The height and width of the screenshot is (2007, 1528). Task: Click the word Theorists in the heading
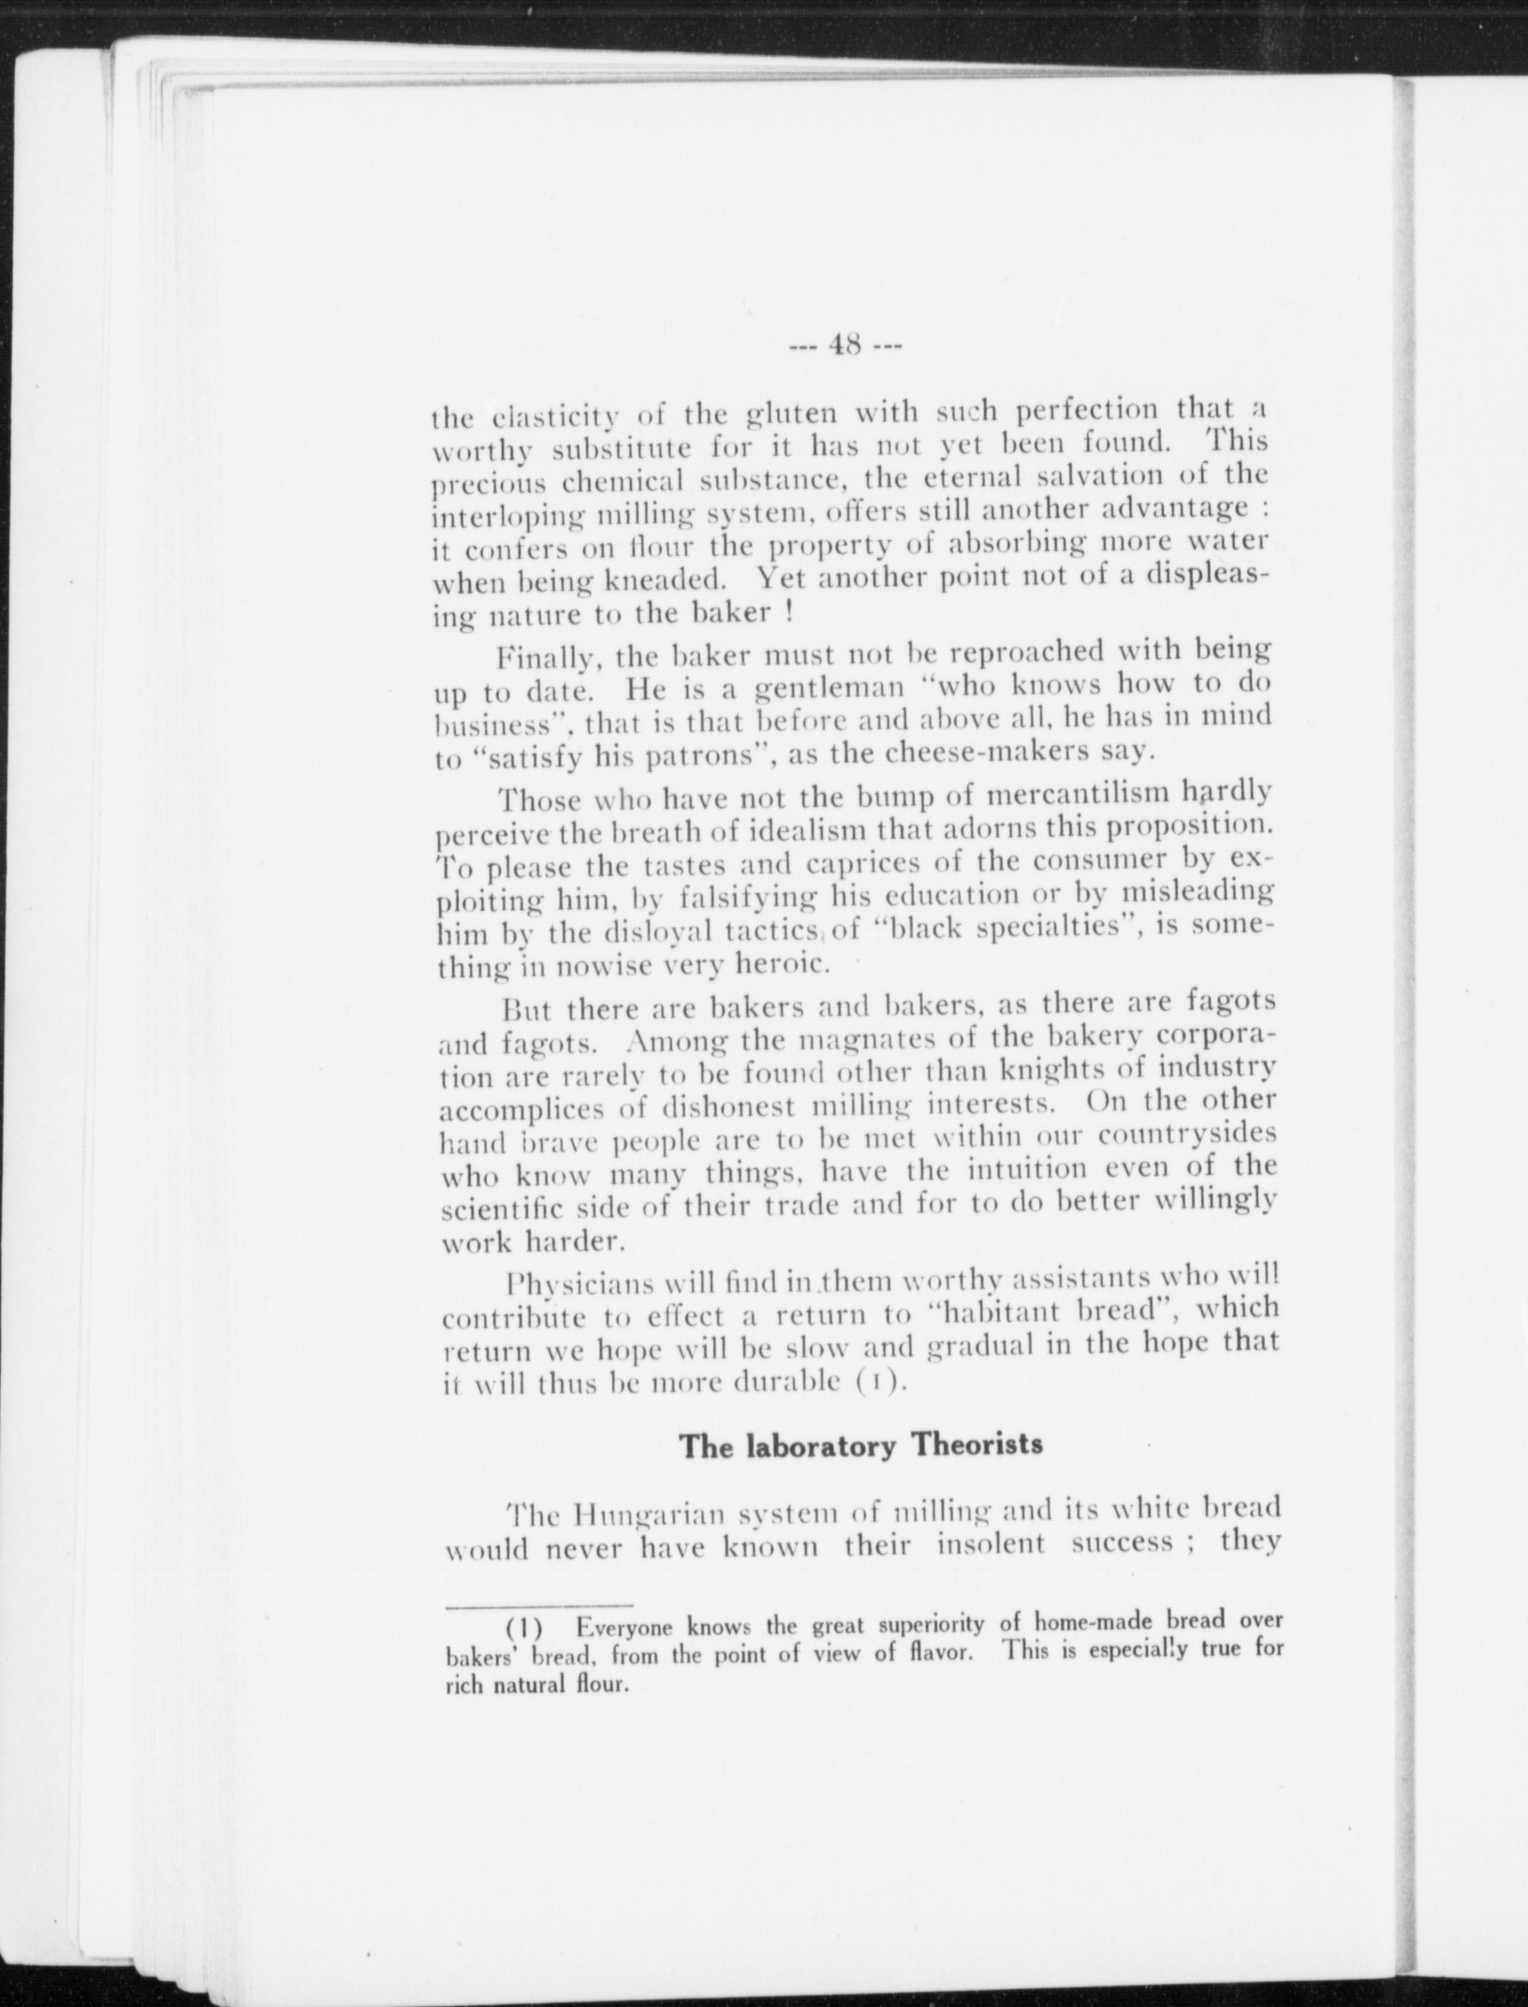(x=977, y=1443)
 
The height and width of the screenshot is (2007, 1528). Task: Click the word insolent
(x=992, y=1544)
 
